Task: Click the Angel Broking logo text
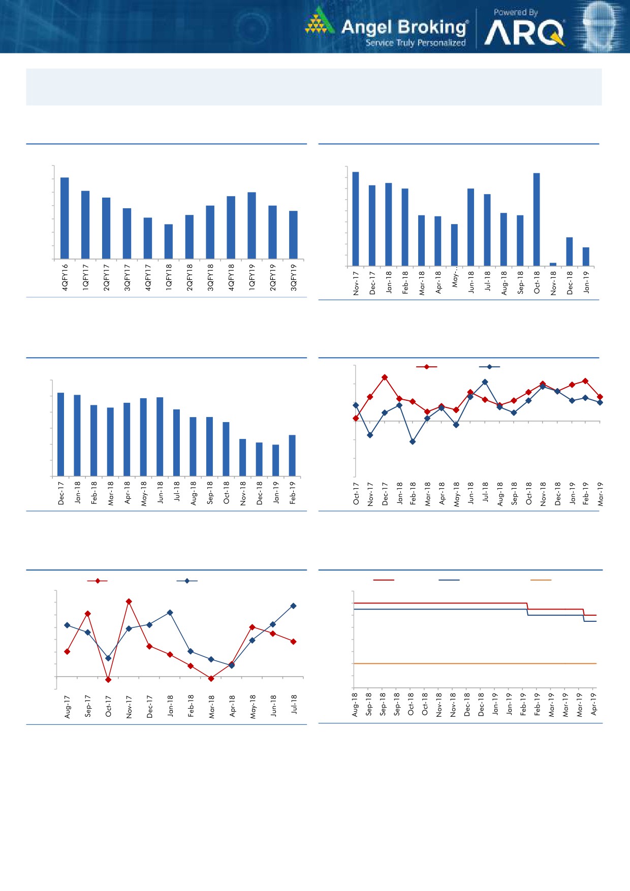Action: coord(404,27)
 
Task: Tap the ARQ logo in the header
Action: coord(524,34)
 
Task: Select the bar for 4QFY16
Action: coord(65,218)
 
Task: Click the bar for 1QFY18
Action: coord(169,241)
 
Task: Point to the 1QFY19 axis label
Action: coord(252,277)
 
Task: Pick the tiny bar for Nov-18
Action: coord(553,264)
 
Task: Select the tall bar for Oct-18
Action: coord(537,219)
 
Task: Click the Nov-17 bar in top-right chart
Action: coord(356,219)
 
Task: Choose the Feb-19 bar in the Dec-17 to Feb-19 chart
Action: coord(292,456)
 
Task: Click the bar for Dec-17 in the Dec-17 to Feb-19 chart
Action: coord(61,434)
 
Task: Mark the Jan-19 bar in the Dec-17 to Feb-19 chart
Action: coord(276,460)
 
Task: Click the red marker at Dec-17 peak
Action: coord(385,377)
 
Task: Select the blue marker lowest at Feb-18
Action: coord(413,442)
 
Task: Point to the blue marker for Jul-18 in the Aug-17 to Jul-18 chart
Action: coord(293,606)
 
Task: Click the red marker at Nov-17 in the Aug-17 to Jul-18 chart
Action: coord(129,601)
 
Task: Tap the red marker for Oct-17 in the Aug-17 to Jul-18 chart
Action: coord(108,680)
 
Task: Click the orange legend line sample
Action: coord(541,580)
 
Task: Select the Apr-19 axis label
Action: coord(594,704)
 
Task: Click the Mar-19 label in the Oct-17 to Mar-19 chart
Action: coord(601,494)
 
